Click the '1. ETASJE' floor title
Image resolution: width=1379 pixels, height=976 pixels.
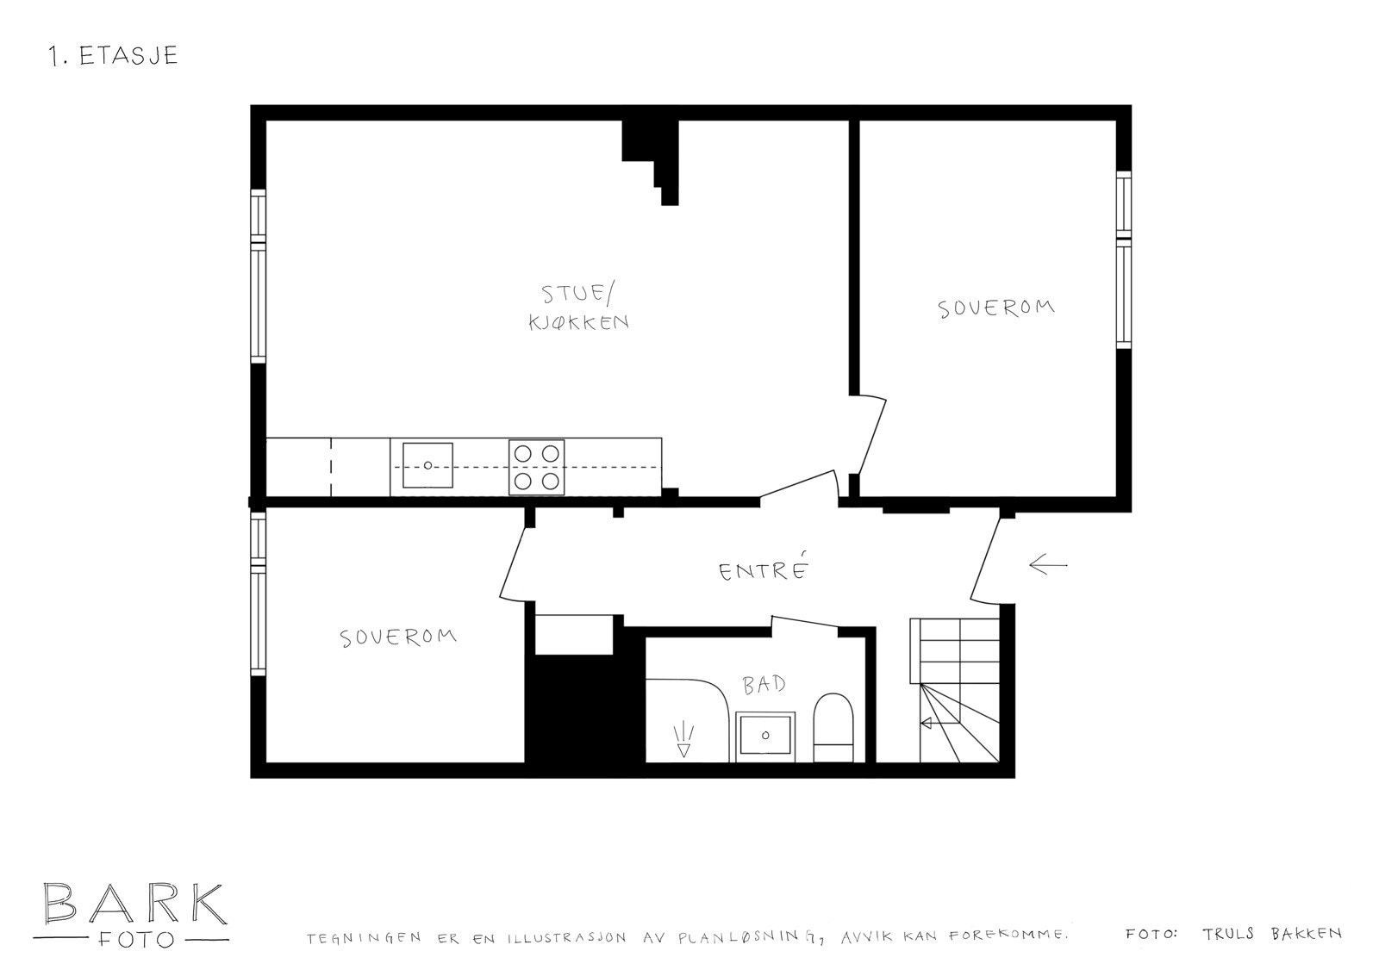click(114, 56)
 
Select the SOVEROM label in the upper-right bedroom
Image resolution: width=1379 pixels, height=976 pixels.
click(996, 308)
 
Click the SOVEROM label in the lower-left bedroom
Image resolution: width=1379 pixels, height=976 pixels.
click(398, 637)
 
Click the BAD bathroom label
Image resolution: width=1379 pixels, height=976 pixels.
click(764, 685)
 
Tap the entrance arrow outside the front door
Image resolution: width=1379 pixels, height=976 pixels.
click(1047, 566)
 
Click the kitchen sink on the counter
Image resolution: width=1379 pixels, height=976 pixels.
click(427, 466)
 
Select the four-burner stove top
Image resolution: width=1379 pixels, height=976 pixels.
click(536, 467)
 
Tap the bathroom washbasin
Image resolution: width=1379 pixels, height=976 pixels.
click(765, 736)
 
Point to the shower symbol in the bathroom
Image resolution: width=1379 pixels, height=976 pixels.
click(684, 740)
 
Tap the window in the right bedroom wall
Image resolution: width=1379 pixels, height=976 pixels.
click(1123, 259)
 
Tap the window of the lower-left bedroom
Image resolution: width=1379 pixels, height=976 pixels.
click(257, 594)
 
